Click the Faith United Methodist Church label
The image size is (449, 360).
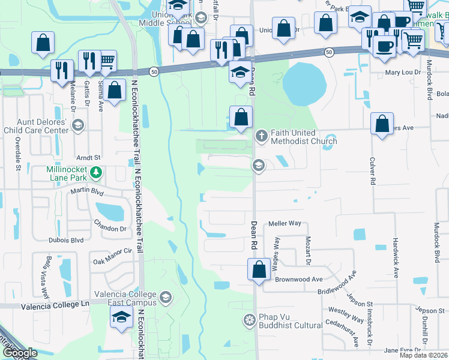[304, 137]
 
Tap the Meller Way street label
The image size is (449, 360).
[285, 223]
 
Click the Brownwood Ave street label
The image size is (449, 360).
[298, 279]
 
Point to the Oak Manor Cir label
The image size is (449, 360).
[112, 261]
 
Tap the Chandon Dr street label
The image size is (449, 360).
[110, 229]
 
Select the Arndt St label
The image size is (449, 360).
[87, 158]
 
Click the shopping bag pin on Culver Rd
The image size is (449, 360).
[382, 124]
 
